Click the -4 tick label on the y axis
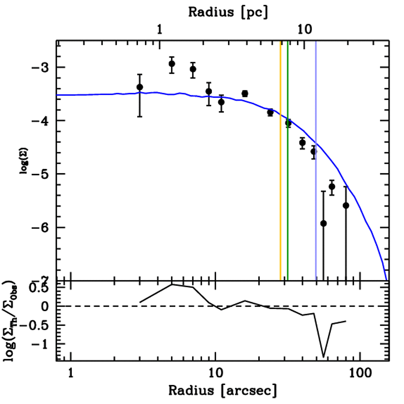pyautogui.click(x=41, y=121)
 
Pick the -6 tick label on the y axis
pyautogui.click(x=41, y=228)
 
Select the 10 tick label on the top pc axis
pyautogui.click(x=304, y=30)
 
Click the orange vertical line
pyautogui.click(x=281, y=158)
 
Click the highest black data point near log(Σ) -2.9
pyautogui.click(x=172, y=64)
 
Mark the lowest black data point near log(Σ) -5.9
pyautogui.click(x=324, y=224)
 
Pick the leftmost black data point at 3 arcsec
pyautogui.click(x=140, y=87)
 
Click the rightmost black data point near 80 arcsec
pyautogui.click(x=346, y=206)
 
